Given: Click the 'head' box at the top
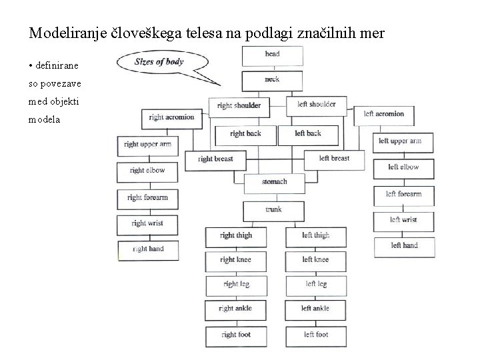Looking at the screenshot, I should click(x=272, y=55).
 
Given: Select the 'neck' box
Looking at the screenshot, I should click(x=272, y=80).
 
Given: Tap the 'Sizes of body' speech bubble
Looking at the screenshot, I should click(x=160, y=63).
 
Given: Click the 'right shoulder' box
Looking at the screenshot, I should click(x=239, y=105).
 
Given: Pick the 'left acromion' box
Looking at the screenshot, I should click(x=384, y=114).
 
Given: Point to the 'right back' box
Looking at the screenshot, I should click(x=245, y=134).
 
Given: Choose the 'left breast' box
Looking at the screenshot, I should click(x=334, y=159).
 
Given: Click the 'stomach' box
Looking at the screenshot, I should click(x=274, y=182).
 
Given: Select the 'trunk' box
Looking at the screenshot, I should click(x=273, y=209).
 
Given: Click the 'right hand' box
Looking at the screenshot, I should click(x=148, y=249).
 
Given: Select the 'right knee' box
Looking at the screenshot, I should click(x=236, y=260).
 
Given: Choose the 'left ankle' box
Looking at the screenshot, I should click(x=315, y=309).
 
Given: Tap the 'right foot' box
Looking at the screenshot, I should click(x=236, y=335).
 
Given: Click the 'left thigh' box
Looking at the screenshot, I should click(x=315, y=235).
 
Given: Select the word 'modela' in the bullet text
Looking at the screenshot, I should click(x=45, y=121).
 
